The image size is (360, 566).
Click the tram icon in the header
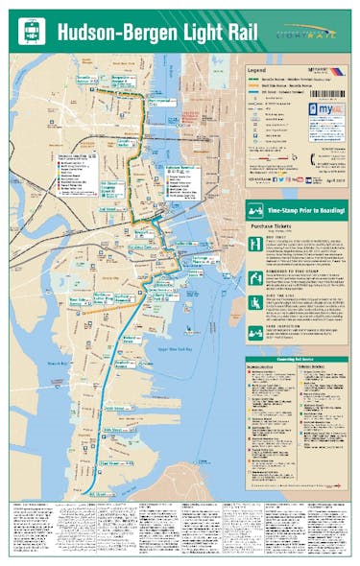point(33,31)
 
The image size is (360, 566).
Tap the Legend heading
point(257,70)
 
